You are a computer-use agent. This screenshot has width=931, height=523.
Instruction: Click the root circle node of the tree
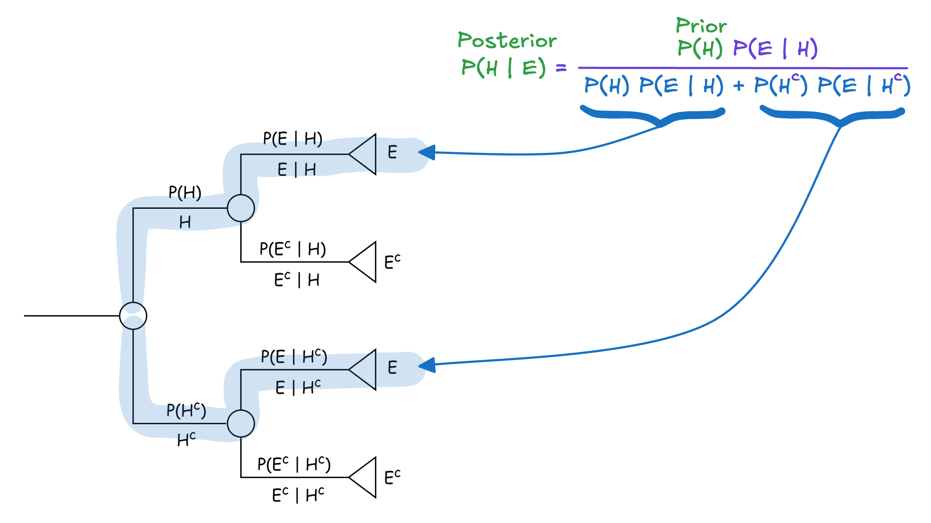[x=133, y=316]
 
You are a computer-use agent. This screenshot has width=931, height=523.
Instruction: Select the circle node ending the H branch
[x=241, y=208]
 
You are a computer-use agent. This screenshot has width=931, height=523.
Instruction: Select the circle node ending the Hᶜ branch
[x=241, y=423]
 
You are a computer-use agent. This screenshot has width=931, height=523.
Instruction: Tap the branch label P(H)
[x=185, y=192]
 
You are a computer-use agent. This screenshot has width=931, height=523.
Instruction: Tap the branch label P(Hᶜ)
[x=186, y=410]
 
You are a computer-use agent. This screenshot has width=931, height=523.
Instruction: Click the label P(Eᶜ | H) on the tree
[x=293, y=249]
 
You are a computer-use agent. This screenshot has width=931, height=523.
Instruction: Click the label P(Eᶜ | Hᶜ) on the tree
[x=294, y=465]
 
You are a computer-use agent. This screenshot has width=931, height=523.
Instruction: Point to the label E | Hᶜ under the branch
[x=298, y=387]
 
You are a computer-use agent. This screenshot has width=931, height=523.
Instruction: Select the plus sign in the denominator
[x=738, y=86]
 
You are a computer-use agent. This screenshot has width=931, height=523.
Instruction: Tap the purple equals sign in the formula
[x=561, y=68]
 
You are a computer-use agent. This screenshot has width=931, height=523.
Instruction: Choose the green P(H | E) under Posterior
[x=503, y=68]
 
